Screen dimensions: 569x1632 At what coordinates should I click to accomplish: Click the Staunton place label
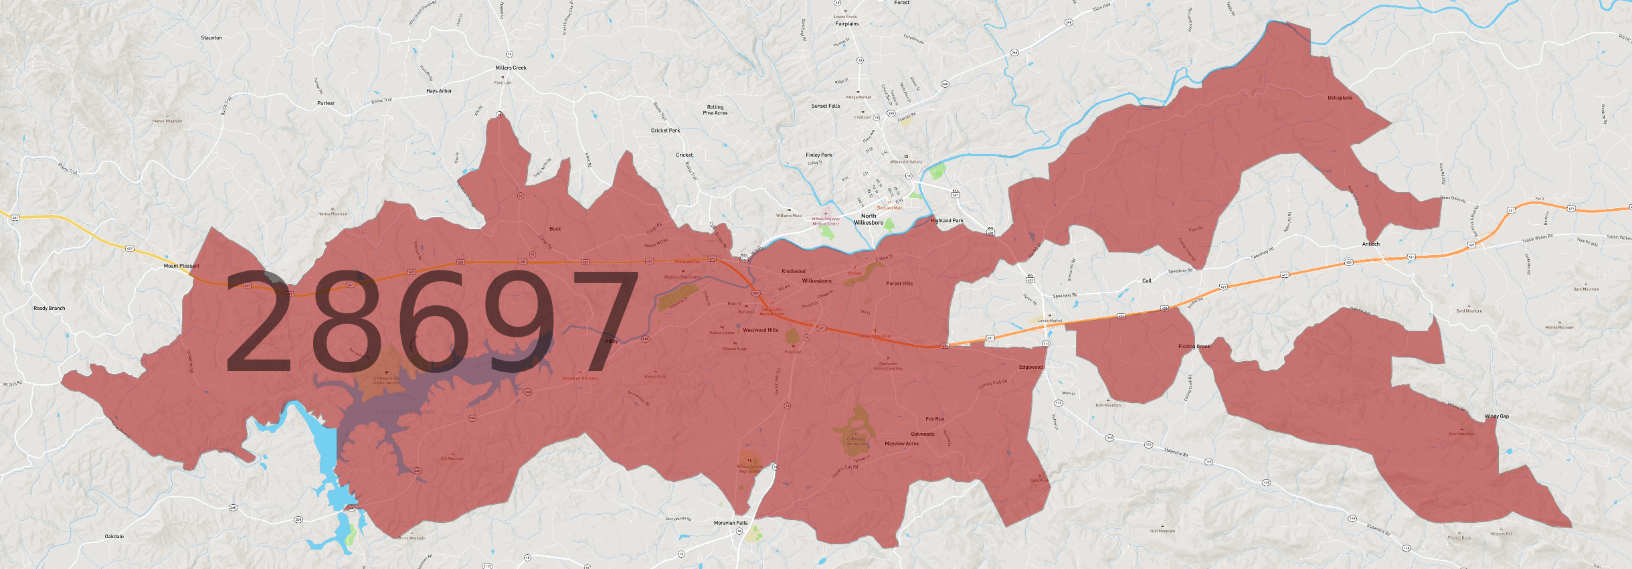click(x=211, y=38)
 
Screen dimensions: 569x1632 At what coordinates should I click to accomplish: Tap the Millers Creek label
click(x=511, y=68)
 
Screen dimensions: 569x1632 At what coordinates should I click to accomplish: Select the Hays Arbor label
click(x=439, y=91)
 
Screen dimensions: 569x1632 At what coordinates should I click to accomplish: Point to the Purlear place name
click(x=326, y=103)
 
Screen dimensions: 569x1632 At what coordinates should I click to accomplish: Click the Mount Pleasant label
click(x=181, y=266)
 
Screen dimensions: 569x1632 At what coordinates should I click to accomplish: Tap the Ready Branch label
click(x=50, y=309)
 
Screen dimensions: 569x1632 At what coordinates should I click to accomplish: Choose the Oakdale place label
click(x=114, y=536)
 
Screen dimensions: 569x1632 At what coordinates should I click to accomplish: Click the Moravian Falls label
click(x=731, y=523)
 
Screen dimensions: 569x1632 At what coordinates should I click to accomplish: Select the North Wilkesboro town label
click(x=869, y=219)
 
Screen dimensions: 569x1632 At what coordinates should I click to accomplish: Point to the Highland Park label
click(x=947, y=220)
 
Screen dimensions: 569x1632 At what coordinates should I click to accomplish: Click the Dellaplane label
click(x=1340, y=98)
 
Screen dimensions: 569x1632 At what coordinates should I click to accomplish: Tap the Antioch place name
click(x=1371, y=244)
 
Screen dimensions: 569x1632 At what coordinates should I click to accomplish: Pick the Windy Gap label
click(x=1497, y=416)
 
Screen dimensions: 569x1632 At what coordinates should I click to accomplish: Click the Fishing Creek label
click(x=1194, y=347)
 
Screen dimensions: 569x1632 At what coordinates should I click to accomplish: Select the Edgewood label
click(x=1031, y=367)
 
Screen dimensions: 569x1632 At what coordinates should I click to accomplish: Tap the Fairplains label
click(x=846, y=23)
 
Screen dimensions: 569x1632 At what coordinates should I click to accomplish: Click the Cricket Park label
click(x=665, y=131)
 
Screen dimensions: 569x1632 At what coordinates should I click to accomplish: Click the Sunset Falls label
click(x=825, y=106)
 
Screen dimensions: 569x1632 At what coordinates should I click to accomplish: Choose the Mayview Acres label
click(x=901, y=443)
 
